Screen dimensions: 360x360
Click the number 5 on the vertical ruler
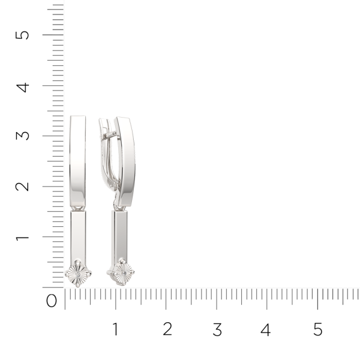(22, 35)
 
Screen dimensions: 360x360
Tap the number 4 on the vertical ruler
(22, 88)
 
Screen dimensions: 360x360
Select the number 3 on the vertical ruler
(22, 136)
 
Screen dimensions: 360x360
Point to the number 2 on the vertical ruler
(22, 187)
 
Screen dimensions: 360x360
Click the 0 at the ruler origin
(51, 301)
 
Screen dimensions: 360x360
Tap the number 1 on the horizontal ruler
(115, 329)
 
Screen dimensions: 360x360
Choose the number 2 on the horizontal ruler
(167, 329)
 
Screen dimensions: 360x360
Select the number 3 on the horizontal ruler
(217, 329)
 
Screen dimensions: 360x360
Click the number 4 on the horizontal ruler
(266, 329)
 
